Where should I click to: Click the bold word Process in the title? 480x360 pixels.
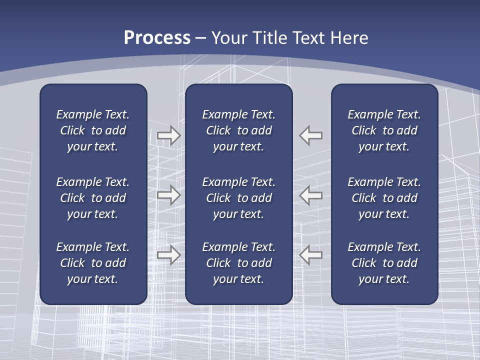[157, 38]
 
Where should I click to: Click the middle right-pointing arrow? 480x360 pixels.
[168, 195]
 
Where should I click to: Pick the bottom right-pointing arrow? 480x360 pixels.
[168, 255]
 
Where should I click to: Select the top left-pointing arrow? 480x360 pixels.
[310, 135]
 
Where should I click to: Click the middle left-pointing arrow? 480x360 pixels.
[310, 195]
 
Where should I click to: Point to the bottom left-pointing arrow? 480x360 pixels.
[310, 254]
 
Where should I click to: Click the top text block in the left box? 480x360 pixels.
[93, 130]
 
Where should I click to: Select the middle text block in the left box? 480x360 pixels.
[93, 198]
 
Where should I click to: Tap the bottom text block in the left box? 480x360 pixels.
[93, 263]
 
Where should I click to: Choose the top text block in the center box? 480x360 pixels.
[238, 130]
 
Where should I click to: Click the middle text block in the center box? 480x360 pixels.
[238, 198]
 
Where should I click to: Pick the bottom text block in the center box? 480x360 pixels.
[238, 263]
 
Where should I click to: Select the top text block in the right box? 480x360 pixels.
[384, 130]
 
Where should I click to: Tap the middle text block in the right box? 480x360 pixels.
[384, 198]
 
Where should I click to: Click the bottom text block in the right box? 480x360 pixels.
[384, 263]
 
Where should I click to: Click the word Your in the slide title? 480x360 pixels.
[228, 38]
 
